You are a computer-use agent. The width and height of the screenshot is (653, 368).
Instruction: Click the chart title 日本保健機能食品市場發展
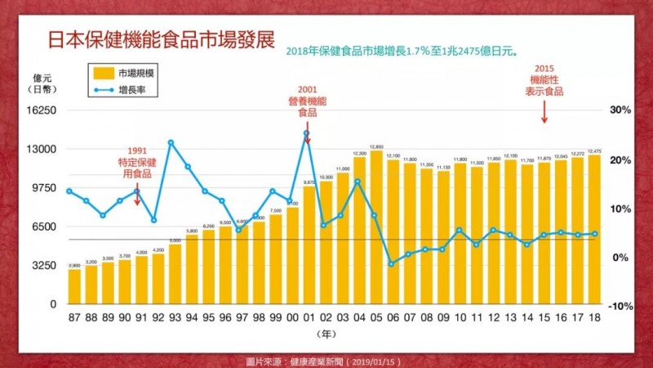[161, 41]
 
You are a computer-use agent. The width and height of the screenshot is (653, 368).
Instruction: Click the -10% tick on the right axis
[619, 305]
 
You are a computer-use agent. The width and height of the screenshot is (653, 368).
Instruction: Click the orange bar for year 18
[594, 229]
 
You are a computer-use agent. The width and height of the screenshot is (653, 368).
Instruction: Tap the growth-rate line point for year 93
[171, 142]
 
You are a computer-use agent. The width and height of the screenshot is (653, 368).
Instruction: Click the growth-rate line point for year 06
[392, 263]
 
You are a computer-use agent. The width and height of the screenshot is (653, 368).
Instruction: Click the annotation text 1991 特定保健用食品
[137, 162]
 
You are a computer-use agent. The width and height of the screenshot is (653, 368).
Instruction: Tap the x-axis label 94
[189, 316]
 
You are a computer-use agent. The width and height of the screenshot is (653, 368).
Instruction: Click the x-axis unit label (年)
[326, 334]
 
